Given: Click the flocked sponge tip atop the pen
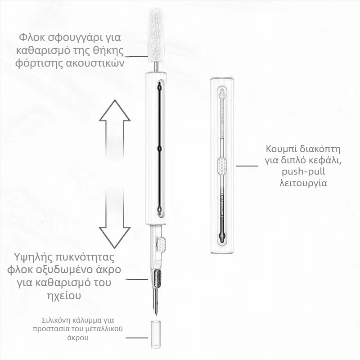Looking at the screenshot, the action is [x=157, y=35].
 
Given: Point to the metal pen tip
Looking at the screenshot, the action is [x=156, y=302].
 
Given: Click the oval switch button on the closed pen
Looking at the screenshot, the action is [x=222, y=166].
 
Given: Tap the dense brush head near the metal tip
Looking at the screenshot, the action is [x=157, y=279].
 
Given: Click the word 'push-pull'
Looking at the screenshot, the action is [x=303, y=172].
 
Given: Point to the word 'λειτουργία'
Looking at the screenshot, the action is [x=303, y=183].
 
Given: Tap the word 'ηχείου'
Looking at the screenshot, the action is [x=64, y=296].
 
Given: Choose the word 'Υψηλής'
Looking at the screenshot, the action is [x=33, y=257].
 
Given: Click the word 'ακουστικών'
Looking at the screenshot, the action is [x=95, y=63].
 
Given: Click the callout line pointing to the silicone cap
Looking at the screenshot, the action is [x=137, y=338].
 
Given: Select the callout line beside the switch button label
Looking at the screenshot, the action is [x=247, y=166].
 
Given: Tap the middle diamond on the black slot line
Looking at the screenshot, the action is [x=159, y=148].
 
